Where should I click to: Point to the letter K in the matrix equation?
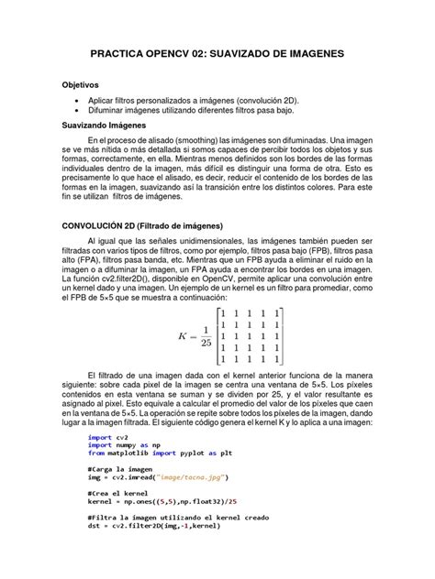pyautogui.click(x=183, y=336)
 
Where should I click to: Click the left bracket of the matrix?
pyautogui.click(x=220, y=336)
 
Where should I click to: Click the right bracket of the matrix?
pyautogui.click(x=282, y=336)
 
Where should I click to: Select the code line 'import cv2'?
pyautogui.click(x=101, y=438)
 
